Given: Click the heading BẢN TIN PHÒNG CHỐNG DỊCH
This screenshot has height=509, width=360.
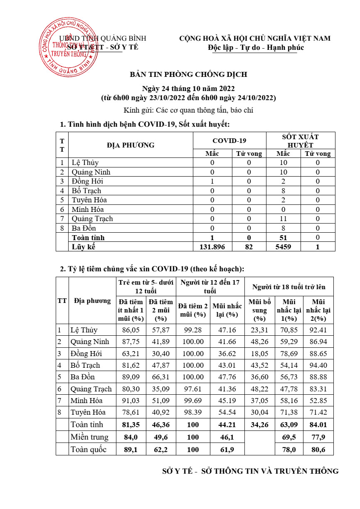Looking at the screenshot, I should [x=188, y=74].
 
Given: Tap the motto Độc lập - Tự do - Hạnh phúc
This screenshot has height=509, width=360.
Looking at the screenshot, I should [x=256, y=47].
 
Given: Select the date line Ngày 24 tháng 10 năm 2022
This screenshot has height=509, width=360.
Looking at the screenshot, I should [x=188, y=89].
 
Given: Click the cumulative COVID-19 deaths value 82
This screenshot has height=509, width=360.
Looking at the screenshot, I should [x=249, y=247].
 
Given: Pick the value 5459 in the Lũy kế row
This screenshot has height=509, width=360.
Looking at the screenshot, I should [x=283, y=247].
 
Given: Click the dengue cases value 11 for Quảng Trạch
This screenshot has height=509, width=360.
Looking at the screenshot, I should [x=283, y=219].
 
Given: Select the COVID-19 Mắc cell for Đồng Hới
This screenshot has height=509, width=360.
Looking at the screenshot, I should [x=212, y=181].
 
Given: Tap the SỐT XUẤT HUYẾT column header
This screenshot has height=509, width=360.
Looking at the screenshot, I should [x=300, y=140].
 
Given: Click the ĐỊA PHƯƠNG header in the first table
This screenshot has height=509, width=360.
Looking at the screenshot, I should [x=131, y=145].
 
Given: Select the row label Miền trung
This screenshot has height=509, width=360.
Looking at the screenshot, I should [x=89, y=437].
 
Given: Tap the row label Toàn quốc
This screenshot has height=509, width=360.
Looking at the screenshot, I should [x=89, y=449].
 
